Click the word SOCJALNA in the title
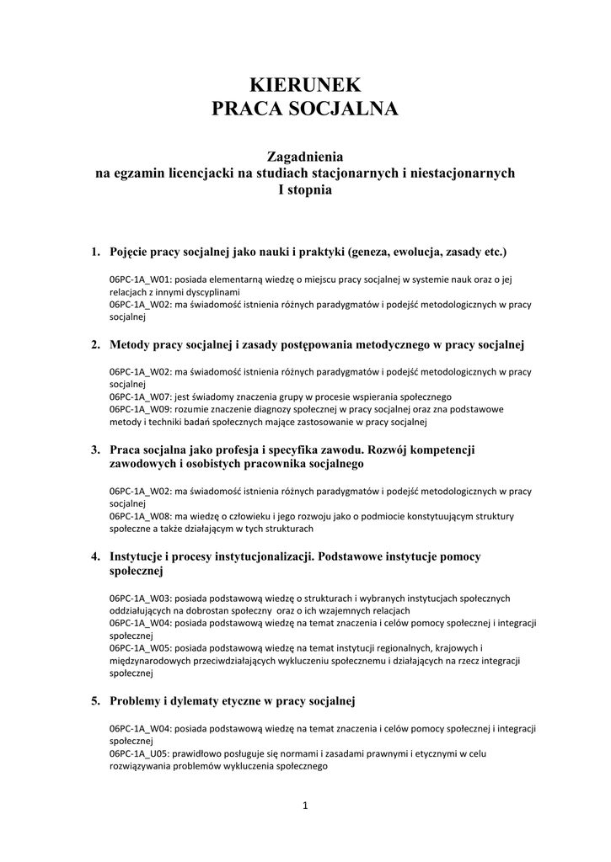coord(345,109)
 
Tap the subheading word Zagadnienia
coord(305,156)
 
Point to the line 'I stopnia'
coord(305,190)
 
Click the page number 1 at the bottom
coord(306,806)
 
